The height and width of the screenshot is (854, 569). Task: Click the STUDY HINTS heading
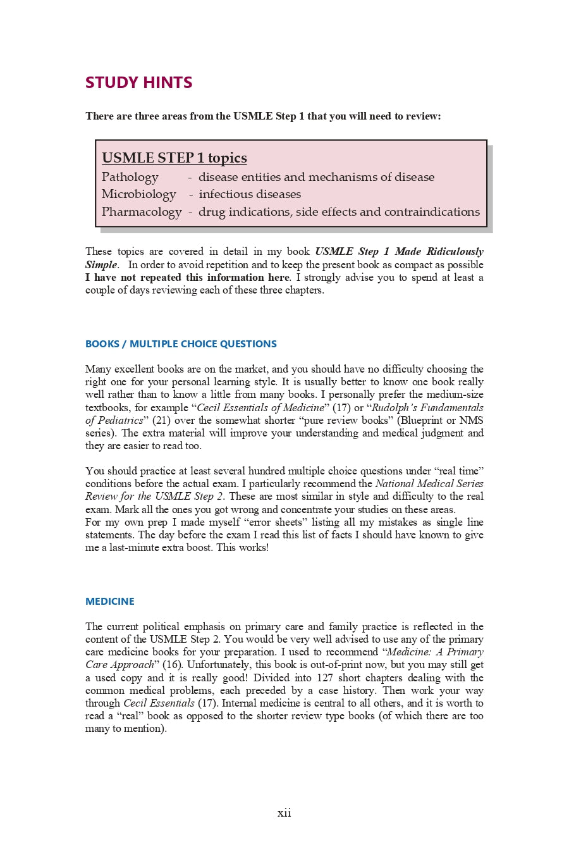[x=138, y=82]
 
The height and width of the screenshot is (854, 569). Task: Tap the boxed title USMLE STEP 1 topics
[x=174, y=158]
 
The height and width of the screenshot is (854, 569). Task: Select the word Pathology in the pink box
[x=130, y=177]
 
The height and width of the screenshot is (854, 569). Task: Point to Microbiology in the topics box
[x=138, y=194]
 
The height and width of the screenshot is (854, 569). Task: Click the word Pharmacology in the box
[x=141, y=212]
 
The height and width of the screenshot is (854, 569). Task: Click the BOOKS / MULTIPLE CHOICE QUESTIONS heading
[x=181, y=344]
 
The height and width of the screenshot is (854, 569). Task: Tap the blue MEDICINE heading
[x=109, y=602]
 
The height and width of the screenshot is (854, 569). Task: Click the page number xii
[x=284, y=813]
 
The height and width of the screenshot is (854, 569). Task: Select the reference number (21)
[x=162, y=421]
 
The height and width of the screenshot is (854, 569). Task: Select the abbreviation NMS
[x=472, y=421]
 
